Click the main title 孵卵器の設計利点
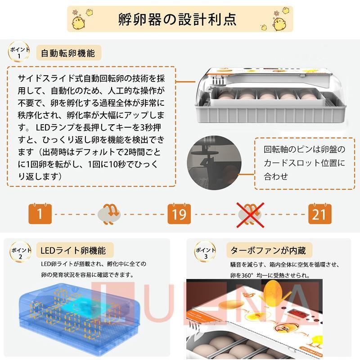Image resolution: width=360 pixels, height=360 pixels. [180, 19]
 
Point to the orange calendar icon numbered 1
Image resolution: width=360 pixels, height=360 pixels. [40, 213]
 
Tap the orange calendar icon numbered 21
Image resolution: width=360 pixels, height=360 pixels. [319, 213]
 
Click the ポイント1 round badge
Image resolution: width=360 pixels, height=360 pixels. [19, 52]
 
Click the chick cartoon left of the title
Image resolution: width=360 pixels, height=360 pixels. [82, 21]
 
